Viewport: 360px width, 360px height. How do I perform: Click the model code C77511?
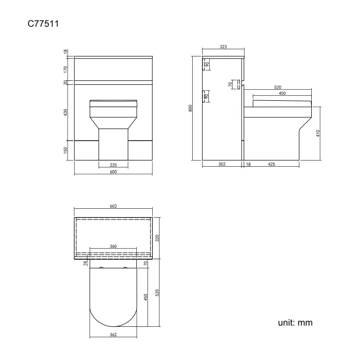coord(44,24)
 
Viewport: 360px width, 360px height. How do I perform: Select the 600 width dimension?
coord(113,172)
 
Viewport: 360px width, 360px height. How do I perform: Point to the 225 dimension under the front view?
coord(113,164)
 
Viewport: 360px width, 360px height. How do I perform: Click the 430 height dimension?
coord(65,112)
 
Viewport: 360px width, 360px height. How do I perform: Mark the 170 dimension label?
coord(65,69)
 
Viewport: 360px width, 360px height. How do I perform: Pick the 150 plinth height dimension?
coord(65,150)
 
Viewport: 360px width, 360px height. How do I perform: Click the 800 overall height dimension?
coord(191,109)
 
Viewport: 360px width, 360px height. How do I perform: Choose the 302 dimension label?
coord(222,164)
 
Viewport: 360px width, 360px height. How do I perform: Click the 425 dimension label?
coord(272,164)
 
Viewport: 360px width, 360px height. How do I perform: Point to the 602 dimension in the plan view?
coord(113,207)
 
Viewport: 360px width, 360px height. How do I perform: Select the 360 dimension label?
coord(113,246)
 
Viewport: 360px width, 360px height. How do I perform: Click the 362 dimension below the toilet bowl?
coord(113,335)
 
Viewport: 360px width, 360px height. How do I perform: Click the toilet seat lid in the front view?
coord(113,102)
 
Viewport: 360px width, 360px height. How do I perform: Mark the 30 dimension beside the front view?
coord(65,83)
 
